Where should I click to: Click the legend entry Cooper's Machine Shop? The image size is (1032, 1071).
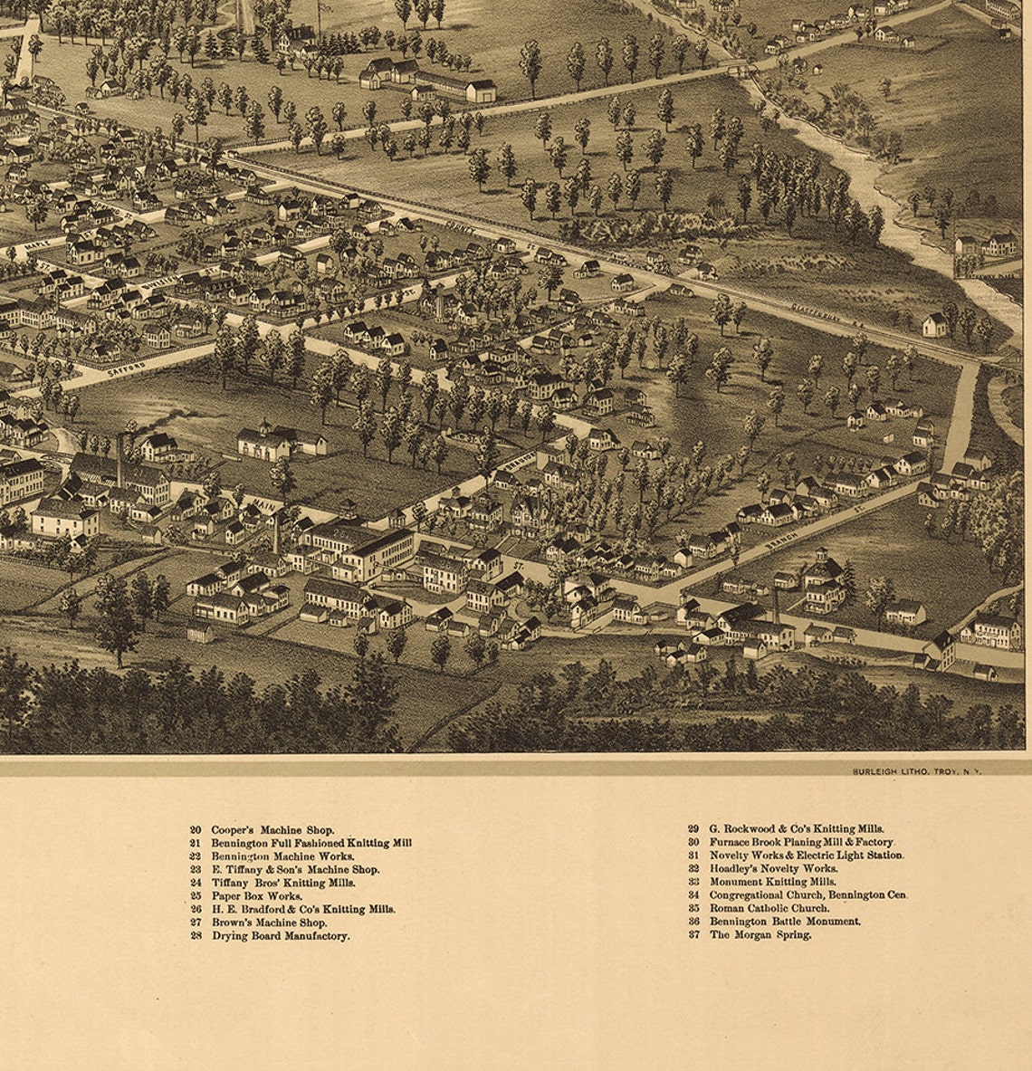272,829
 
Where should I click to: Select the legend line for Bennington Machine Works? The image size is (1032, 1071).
282,856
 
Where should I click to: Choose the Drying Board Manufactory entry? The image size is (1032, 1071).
280,936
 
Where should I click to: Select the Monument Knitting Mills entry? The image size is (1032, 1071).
772,881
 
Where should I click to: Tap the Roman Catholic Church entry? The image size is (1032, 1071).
769,908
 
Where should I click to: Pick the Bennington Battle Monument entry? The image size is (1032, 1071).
785,922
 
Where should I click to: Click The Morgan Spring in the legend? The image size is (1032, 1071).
760,935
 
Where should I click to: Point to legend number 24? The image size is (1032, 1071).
196,883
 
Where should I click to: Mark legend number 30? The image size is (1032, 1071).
693,842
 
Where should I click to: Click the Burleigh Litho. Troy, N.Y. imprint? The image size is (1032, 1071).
916,770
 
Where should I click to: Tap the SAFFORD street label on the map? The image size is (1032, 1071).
126,368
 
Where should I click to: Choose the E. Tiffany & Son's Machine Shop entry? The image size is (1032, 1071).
294,869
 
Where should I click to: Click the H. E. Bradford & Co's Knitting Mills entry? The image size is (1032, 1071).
302,909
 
